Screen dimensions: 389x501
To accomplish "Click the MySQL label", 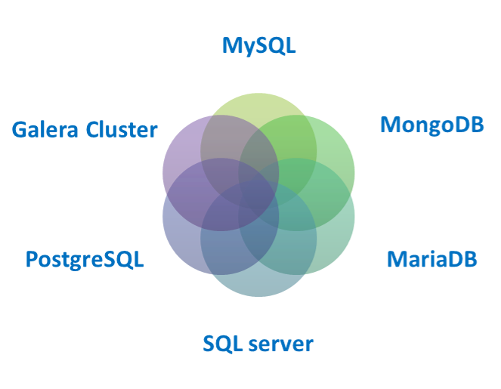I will coord(258,45).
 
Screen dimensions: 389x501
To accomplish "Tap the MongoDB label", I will coord(431,125).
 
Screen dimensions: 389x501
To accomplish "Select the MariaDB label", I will coord(431,260).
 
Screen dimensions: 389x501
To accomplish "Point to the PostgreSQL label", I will coord(85,260).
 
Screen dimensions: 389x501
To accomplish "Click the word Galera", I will coord(45,129).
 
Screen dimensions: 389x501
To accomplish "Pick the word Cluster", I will coord(121,129).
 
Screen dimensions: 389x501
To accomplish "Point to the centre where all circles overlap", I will coord(258,194).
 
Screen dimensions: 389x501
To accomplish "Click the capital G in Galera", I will coord(19,129).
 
